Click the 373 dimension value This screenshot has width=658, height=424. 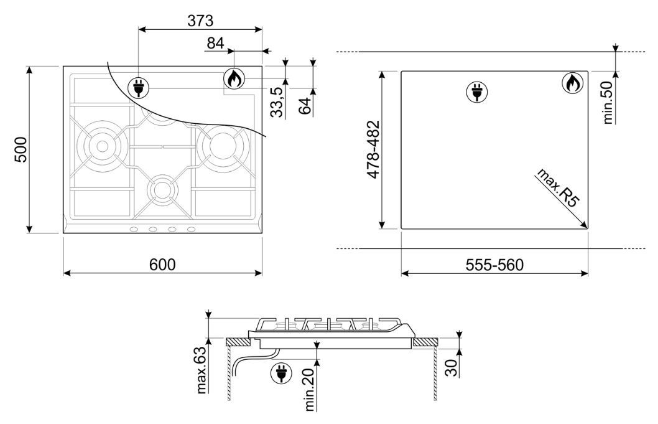click(200, 20)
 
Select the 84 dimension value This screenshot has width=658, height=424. click(216, 43)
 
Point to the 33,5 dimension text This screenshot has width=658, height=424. click(276, 103)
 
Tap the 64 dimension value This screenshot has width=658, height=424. click(305, 105)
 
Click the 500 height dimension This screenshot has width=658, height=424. click(21, 149)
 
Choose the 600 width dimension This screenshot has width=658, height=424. click(162, 265)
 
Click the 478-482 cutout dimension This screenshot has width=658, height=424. click(373, 149)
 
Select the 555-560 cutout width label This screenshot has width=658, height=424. click(495, 265)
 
